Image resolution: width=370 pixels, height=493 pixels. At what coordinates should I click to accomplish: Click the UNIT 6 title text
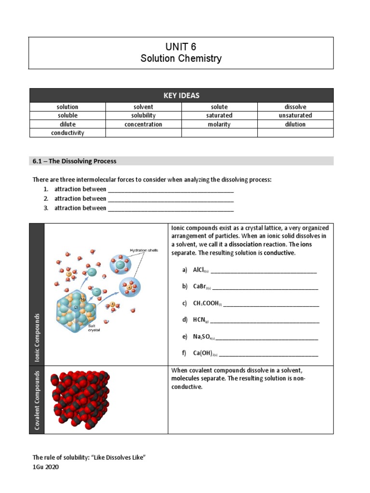click(x=181, y=47)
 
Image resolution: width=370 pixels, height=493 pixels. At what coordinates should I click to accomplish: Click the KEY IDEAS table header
click(x=181, y=95)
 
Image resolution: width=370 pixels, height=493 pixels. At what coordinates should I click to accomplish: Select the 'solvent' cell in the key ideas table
click(x=143, y=107)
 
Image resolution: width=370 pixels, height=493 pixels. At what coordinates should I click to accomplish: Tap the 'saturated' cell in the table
click(x=219, y=116)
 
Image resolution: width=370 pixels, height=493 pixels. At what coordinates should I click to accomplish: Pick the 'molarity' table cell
click(x=219, y=124)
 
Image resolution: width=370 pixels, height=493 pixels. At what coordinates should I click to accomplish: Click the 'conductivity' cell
click(x=67, y=133)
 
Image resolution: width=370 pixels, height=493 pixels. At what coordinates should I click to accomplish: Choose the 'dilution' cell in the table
click(x=295, y=124)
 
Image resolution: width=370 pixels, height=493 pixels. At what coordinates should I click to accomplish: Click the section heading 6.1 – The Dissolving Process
click(x=75, y=161)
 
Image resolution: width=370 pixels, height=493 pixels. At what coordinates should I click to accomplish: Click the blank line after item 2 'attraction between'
click(x=171, y=199)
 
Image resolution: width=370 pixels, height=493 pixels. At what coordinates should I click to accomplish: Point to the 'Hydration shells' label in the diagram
click(x=144, y=250)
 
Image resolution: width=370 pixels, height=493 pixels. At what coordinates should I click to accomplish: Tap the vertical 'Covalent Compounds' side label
click(x=37, y=400)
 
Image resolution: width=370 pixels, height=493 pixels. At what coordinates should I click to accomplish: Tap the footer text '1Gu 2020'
click(x=46, y=467)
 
